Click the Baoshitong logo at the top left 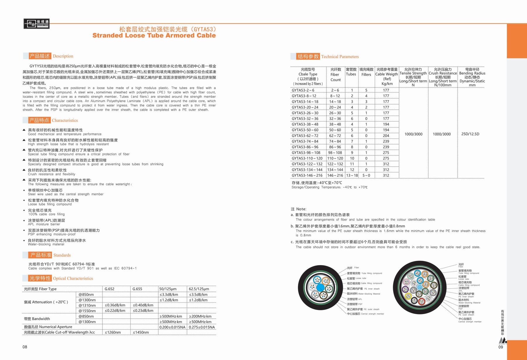point(36,24)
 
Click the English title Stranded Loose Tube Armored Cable point(154,35)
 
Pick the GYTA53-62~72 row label point(305,136)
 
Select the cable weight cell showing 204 point(386,136)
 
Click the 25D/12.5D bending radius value point(470,134)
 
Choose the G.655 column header point(137,289)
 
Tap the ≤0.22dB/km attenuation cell point(115,311)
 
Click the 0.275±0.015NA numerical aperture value point(202,327)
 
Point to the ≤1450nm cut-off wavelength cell point(141,332)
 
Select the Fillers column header point(366,72)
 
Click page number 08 point(25,347)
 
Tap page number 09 point(501,347)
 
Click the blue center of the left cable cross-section point(320,288)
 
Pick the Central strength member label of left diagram point(365,314)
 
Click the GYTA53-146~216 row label point(307,176)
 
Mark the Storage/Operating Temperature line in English point(329,187)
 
